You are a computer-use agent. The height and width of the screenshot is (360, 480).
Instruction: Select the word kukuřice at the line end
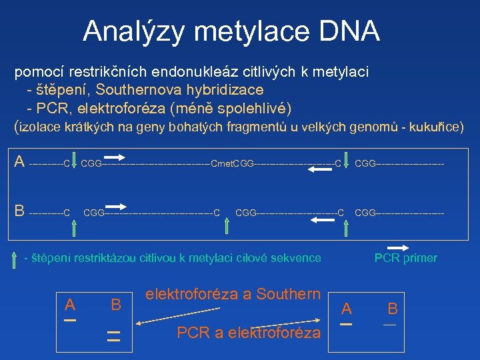(436, 125)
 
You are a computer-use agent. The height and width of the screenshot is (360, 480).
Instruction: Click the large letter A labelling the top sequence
(19, 161)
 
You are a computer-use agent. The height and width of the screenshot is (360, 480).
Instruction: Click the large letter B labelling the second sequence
(19, 211)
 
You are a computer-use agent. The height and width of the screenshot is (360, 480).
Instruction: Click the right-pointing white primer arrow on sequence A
(114, 157)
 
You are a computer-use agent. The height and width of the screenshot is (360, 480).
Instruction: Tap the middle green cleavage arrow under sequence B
(227, 225)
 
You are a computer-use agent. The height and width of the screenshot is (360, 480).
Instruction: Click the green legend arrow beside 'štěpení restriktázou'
(15, 258)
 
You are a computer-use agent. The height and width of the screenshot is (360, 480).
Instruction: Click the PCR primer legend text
(405, 258)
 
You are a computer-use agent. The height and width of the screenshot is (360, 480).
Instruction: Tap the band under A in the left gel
(70, 320)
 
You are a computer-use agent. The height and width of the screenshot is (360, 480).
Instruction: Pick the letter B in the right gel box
(392, 308)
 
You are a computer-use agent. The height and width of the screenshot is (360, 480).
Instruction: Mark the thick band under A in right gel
(346, 324)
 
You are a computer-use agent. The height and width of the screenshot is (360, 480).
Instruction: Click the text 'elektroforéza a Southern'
(233, 293)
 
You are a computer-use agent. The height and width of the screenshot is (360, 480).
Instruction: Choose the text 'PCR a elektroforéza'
(249, 332)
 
